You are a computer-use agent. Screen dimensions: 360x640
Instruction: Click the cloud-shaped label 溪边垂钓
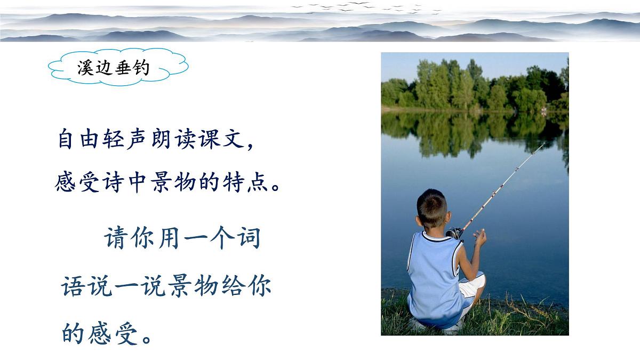118,68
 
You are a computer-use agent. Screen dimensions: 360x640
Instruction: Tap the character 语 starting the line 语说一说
74,286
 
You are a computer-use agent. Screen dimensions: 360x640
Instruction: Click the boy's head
432,208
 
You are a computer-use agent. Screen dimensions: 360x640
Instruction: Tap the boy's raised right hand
480,237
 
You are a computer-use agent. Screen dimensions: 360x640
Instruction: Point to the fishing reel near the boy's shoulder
454,233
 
